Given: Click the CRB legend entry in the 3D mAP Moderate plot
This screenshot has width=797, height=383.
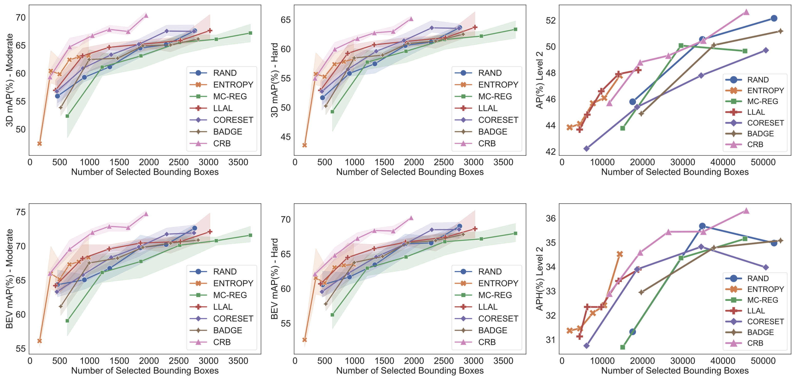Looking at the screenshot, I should (x=222, y=144).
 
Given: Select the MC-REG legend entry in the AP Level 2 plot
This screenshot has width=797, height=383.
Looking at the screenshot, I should (x=762, y=102).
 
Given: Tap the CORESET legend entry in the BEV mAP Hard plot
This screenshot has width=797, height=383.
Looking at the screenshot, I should (x=498, y=319).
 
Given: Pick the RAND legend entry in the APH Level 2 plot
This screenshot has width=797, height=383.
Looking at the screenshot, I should (x=758, y=278).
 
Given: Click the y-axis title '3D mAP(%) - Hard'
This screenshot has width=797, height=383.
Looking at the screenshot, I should (x=274, y=80).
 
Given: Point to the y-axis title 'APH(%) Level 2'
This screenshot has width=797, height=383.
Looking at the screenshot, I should (x=539, y=278).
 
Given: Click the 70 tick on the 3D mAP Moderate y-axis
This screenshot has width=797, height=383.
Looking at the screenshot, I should (x=21, y=18).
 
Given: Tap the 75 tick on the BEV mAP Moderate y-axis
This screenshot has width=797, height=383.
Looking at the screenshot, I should (x=21, y=212).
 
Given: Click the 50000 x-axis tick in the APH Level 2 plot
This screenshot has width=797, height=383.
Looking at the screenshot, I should (x=763, y=361).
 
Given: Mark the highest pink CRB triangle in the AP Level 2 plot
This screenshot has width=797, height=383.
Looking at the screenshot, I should (x=746, y=12).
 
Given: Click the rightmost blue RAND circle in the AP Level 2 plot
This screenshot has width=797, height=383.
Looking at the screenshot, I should (x=774, y=18).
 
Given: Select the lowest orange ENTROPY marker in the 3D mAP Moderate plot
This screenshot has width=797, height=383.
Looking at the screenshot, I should (x=39, y=144).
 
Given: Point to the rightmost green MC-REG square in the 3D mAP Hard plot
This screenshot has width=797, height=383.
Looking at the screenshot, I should (x=515, y=29).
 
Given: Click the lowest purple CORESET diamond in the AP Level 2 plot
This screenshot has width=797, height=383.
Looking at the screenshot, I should (x=586, y=148).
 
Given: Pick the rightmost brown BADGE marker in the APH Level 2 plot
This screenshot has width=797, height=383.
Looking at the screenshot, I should (x=780, y=240).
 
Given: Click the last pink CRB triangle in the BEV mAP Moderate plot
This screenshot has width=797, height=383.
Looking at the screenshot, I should (x=146, y=214).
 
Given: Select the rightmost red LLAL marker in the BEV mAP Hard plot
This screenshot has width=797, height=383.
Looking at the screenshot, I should (x=475, y=229).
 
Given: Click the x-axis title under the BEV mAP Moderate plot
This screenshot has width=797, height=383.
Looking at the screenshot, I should (x=145, y=371).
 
